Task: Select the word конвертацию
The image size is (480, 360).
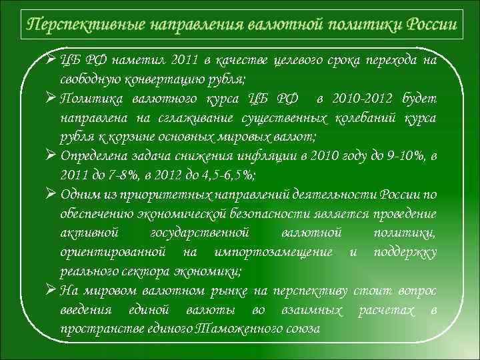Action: coord(164,80)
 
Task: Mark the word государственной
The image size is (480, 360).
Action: coord(200,233)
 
